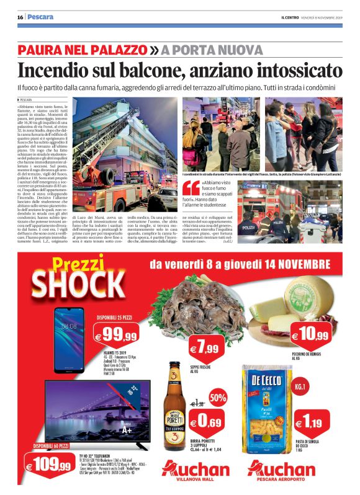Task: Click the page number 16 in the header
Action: click(20, 17)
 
